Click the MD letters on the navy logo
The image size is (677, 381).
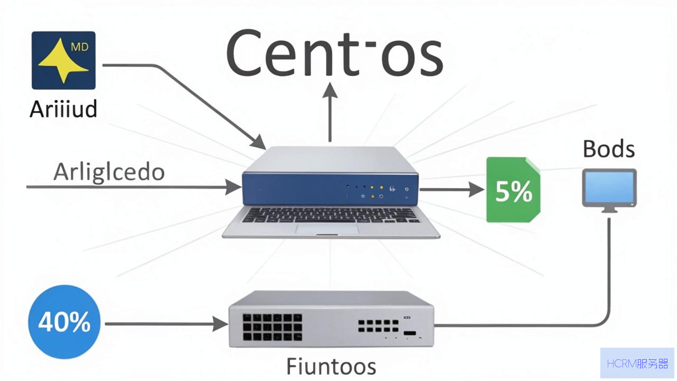80,47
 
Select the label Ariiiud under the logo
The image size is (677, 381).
63,109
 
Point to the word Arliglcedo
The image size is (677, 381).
109,173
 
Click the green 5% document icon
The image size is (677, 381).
513,190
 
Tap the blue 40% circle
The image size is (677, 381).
65,322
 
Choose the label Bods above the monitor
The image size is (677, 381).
609,149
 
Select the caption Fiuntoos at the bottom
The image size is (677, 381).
331,366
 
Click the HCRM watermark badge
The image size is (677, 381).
637,363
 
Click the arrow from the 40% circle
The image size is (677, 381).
167,324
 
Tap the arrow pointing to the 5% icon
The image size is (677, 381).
452,189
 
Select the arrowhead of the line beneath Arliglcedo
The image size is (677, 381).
233,187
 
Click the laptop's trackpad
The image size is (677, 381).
327,229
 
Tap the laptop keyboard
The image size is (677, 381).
331,215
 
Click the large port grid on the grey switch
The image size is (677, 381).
272,327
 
